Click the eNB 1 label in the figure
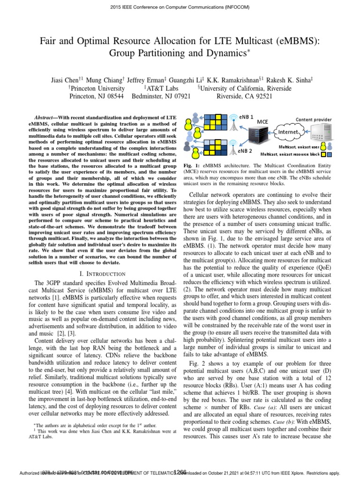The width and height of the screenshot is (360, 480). (247, 116)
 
